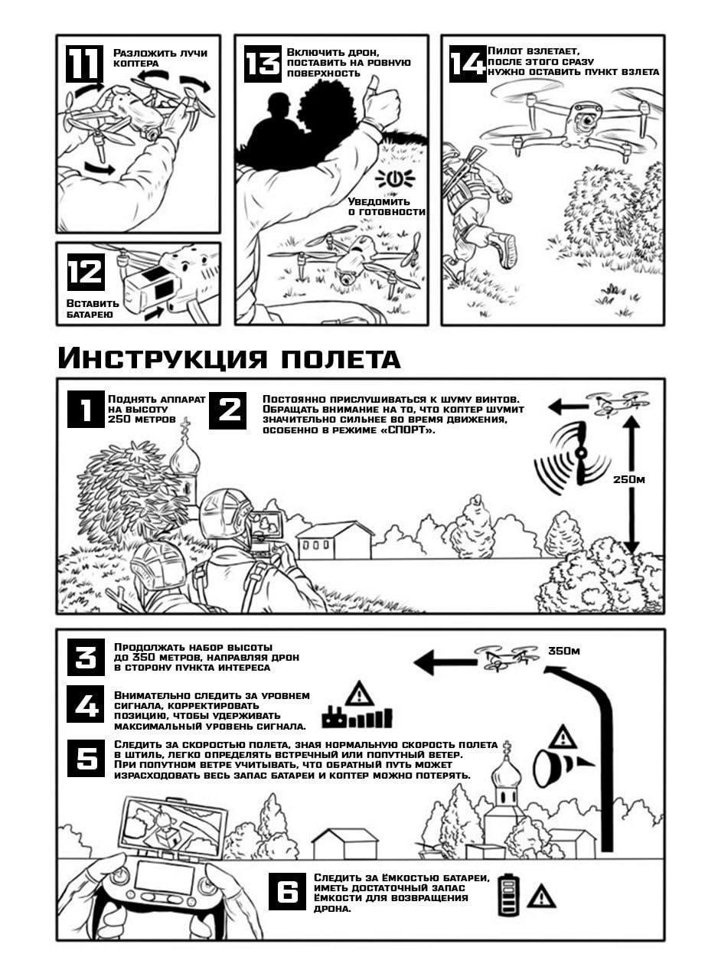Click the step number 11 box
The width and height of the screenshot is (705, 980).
pos(83,64)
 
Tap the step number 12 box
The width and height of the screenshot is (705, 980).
pos(85,272)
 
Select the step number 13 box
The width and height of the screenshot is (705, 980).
pos(263,64)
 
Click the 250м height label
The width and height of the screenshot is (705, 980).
pos(629,479)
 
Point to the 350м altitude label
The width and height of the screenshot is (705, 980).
pos(563,652)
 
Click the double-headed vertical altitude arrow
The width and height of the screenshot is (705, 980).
pos(631,482)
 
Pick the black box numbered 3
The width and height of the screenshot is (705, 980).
pos(86,658)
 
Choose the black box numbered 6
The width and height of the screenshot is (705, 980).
pos(287,892)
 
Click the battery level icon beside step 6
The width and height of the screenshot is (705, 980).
pos(508,894)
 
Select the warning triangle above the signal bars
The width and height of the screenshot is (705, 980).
pos(359,694)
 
